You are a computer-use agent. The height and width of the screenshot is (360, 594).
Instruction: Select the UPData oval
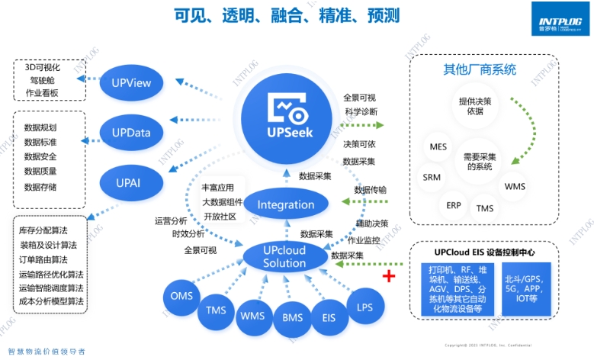point(130,133)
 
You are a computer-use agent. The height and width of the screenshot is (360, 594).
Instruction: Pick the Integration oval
point(286,204)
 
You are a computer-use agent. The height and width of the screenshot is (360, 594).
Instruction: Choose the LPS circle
point(364,306)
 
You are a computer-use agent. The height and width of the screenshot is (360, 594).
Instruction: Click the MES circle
point(438,146)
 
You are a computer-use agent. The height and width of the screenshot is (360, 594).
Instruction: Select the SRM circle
point(431,177)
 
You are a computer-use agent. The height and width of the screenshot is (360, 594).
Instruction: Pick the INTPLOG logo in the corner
point(560,17)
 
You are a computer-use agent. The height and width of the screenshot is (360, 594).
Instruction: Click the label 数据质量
point(40,172)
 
